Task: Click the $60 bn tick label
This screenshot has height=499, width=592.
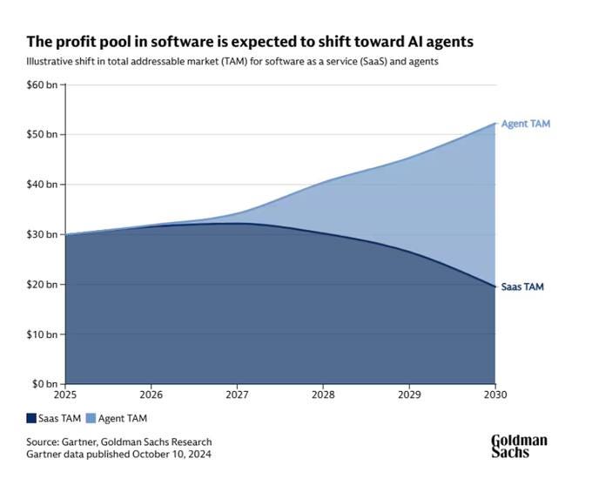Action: [x=42, y=84]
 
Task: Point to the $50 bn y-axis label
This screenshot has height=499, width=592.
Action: [x=42, y=134]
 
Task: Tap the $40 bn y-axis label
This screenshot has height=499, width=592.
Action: [x=42, y=185]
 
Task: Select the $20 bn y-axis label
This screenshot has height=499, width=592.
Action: [x=42, y=285]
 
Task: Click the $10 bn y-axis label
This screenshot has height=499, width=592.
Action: [x=42, y=334]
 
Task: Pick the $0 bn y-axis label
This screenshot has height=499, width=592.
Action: [x=44, y=384]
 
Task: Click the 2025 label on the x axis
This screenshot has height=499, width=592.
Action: [x=65, y=395]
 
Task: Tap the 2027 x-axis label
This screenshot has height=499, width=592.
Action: [x=237, y=395]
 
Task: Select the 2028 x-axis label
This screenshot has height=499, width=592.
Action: [x=323, y=395]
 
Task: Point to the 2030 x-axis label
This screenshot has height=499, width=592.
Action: [x=495, y=395]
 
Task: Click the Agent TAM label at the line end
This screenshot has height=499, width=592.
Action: [x=526, y=124]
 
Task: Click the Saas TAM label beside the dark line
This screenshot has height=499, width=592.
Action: [x=522, y=287]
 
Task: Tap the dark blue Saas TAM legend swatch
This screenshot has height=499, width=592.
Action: [x=31, y=418]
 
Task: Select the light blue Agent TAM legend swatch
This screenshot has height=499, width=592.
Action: [x=91, y=418]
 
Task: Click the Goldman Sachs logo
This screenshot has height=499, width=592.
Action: [x=519, y=446]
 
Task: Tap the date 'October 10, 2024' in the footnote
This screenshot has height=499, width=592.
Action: [x=172, y=454]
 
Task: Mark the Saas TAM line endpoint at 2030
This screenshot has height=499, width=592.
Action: [x=495, y=287]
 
